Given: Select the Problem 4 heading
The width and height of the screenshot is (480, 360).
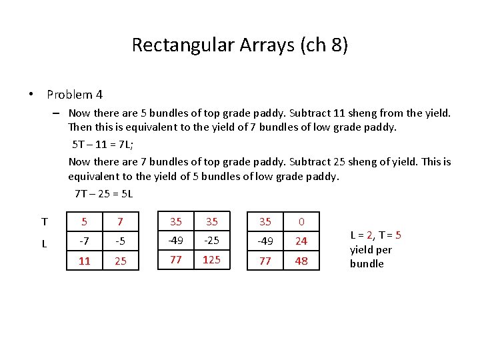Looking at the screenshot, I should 75,95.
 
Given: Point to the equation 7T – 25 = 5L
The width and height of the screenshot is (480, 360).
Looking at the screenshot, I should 104,193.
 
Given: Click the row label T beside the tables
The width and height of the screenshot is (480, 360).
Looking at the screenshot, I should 44,222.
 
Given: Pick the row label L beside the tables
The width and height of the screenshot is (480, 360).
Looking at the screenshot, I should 44,244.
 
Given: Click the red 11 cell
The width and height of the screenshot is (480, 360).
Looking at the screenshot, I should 85,261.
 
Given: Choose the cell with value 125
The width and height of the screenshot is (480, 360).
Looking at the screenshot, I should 211,259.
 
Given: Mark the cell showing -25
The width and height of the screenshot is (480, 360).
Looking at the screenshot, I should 211,240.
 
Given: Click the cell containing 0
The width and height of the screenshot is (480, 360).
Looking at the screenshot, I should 301,221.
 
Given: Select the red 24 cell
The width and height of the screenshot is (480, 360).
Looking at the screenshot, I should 301,241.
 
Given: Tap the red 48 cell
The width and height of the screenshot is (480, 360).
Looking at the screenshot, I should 301,261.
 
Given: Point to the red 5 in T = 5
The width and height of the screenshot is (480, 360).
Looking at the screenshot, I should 398,235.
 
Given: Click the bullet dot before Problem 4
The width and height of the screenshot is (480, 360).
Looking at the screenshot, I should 31,95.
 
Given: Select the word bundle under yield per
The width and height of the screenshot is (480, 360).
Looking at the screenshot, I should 367,263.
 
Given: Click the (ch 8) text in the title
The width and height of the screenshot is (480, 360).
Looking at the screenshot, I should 325,45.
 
